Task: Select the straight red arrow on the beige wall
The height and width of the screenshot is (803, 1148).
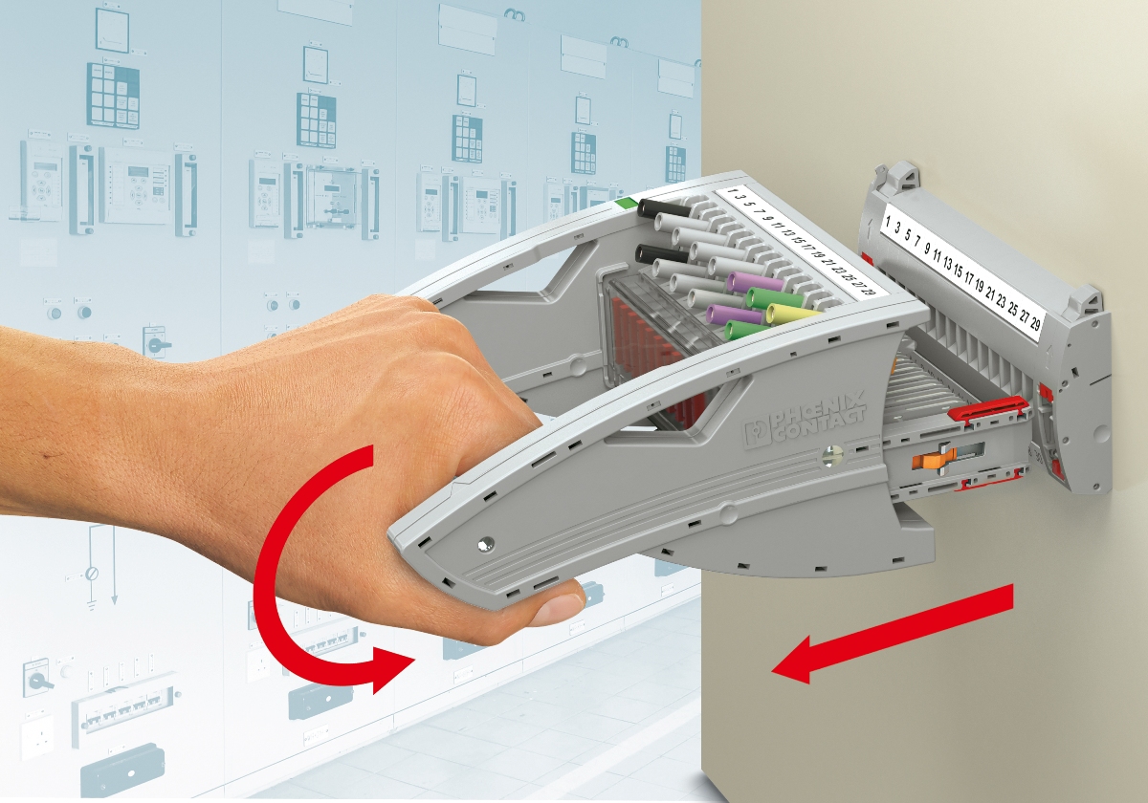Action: click(893, 634)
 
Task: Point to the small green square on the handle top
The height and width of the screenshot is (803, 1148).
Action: click(627, 204)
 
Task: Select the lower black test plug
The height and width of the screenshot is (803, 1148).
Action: click(662, 254)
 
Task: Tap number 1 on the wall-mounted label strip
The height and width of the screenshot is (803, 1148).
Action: click(888, 222)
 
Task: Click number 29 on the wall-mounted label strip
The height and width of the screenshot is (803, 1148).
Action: click(1034, 323)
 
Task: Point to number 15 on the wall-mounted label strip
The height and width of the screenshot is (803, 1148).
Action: click(958, 271)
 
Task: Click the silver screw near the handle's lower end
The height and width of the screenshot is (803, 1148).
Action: click(484, 544)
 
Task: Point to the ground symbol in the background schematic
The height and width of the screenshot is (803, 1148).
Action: click(91, 604)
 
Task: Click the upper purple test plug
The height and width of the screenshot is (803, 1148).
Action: click(755, 282)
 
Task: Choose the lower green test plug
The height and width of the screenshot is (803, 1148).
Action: click(749, 330)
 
